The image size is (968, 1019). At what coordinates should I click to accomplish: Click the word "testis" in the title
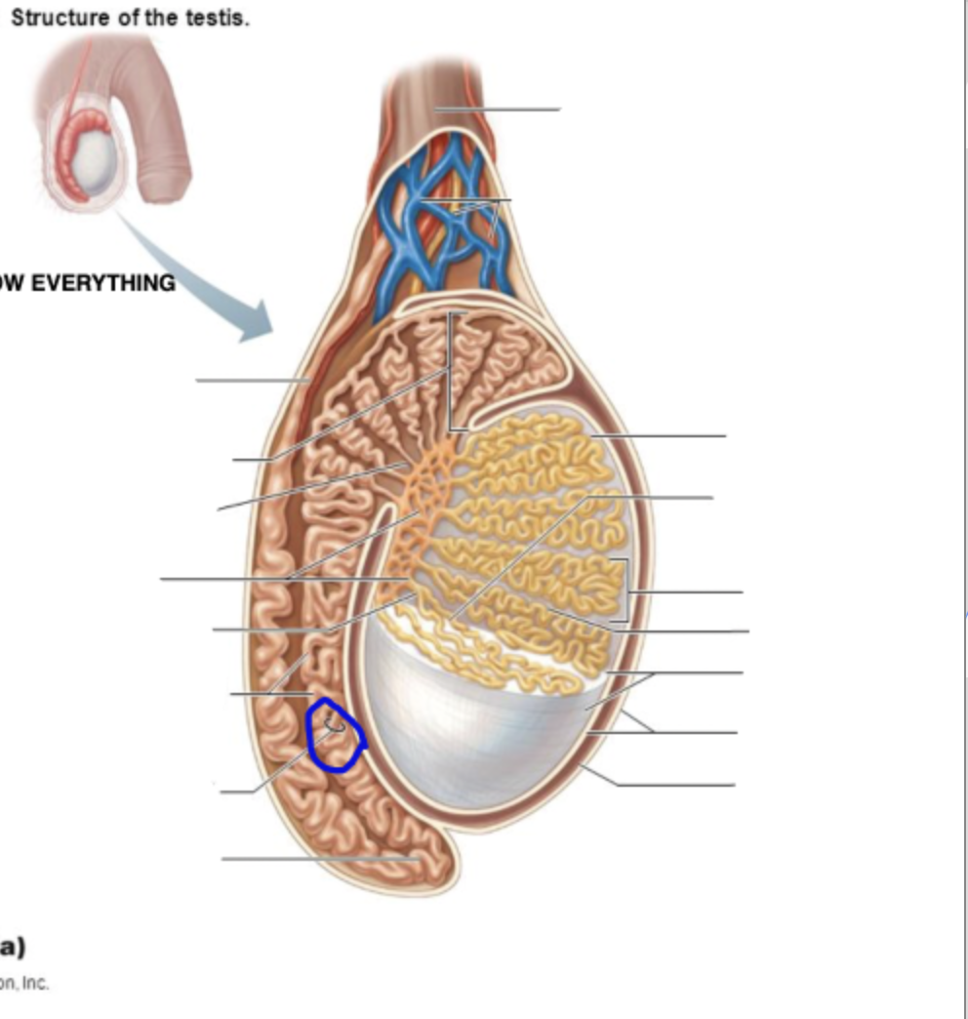[x=221, y=20]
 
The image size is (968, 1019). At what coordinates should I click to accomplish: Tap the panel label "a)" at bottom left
[x=13, y=945]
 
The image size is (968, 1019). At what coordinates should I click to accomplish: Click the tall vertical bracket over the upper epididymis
[x=450, y=371]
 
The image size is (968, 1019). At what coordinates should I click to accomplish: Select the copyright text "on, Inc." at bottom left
[x=24, y=983]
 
